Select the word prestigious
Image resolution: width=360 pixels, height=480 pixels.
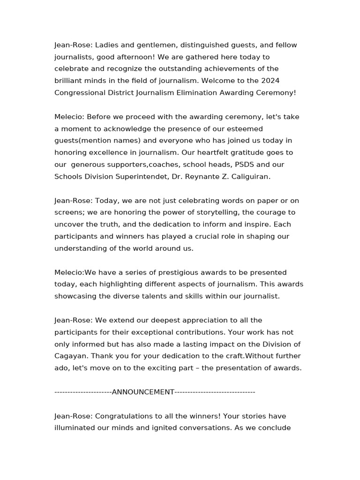(153, 272)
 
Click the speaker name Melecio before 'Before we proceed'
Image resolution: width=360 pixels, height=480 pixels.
(69, 117)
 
